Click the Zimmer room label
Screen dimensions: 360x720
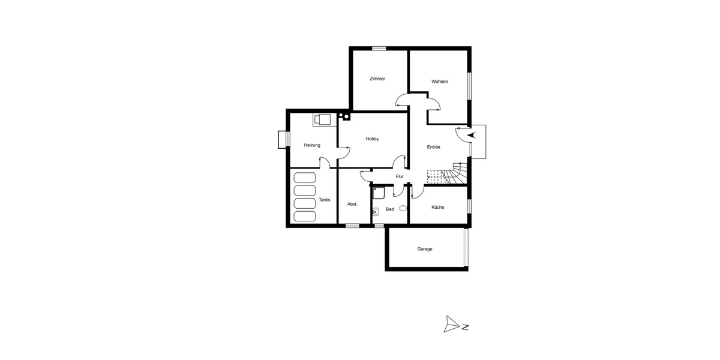(377, 79)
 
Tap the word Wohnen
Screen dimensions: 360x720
(440, 82)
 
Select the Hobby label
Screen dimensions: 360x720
(372, 139)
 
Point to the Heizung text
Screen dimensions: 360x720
(312, 145)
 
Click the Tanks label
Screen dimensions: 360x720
(325, 200)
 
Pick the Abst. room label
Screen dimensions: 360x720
(353, 204)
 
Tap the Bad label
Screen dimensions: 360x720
(390, 209)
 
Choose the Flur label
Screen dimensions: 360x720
(400, 176)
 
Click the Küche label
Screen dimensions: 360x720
(438, 207)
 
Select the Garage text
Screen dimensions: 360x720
(425, 248)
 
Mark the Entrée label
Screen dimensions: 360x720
(434, 147)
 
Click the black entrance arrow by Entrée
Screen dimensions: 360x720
(471, 135)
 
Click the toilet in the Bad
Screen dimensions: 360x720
(403, 208)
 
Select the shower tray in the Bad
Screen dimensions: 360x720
(379, 192)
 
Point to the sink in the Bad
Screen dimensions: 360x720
(376, 211)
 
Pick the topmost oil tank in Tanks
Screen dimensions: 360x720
(304, 178)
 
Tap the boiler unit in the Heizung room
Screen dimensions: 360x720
(323, 119)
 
